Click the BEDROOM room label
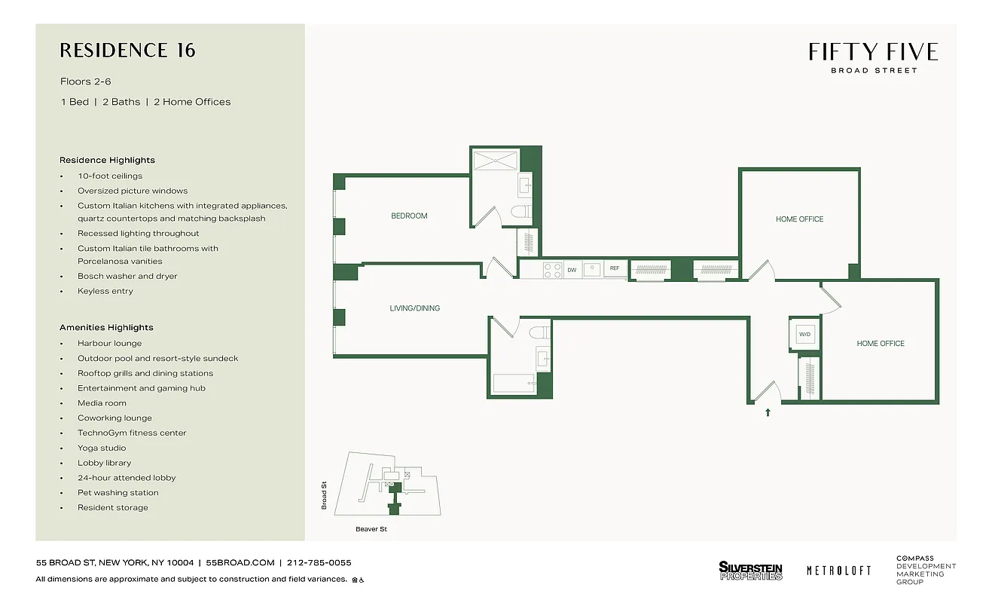coord(409,216)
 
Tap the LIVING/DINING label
coord(414,308)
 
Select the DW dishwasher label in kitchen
coord(572,269)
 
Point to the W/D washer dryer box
coord(804,333)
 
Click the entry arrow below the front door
coord(768,412)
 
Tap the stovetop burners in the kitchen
coord(552,270)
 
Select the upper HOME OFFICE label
coord(799,219)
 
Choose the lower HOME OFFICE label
coord(880,344)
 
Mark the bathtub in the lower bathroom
coord(513,384)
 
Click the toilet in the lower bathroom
coord(539,332)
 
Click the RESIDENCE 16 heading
coord(127,51)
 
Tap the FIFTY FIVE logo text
coord(873,52)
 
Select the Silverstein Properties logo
coord(750,571)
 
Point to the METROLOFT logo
coord(838,571)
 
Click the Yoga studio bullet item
coord(102,448)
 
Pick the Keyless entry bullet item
coord(105,291)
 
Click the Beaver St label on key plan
coord(371,529)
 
